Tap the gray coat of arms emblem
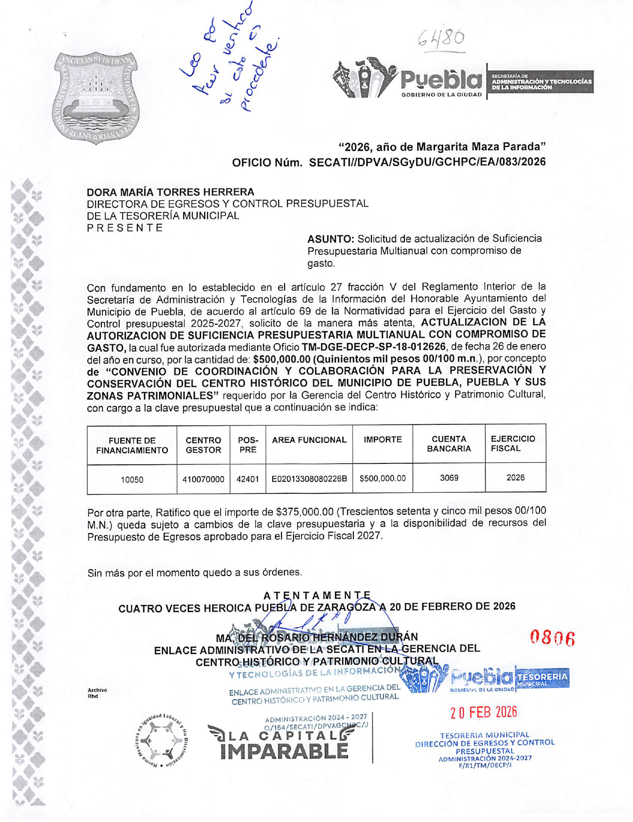pos(97,98)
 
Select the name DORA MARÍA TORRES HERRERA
pos(170,192)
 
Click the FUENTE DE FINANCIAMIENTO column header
pos(132,445)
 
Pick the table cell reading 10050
pos(132,480)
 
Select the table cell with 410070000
pos(203,480)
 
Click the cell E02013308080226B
pos(309,479)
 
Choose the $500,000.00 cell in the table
pos(382,478)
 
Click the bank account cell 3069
pos(449,478)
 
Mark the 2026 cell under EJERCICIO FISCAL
pos(515,478)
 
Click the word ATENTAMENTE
pos(317,596)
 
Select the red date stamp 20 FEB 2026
pos(483,712)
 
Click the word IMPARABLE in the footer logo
pos(284,751)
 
